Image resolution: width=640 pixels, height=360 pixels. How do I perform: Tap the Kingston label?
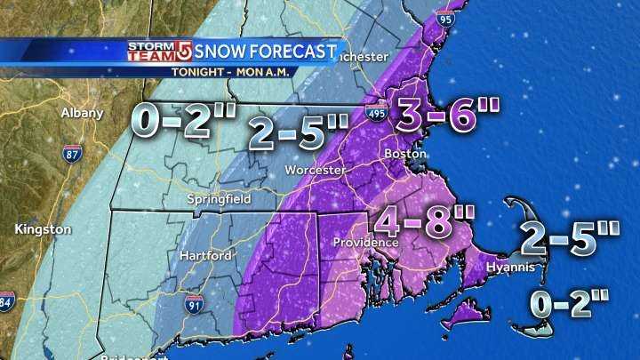(x=43, y=229)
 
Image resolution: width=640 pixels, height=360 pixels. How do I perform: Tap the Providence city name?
(x=366, y=242)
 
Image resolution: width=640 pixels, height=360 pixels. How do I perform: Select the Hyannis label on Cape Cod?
(x=510, y=267)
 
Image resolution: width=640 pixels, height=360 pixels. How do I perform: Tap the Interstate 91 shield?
(x=192, y=306)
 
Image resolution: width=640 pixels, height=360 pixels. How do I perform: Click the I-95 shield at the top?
(x=445, y=16)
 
